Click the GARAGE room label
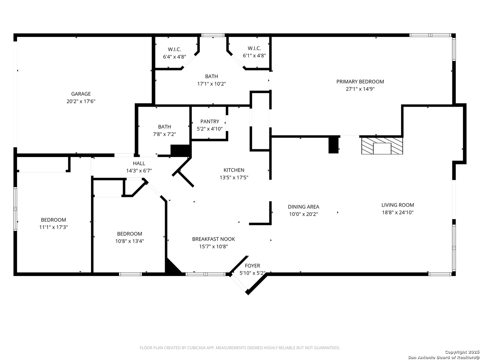tap(81, 94)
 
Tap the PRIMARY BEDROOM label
tap(360, 82)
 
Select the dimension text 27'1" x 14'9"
tap(360, 89)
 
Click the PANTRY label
tap(209, 121)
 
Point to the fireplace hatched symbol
tap(382, 146)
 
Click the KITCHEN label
tap(234, 170)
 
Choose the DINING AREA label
tap(303, 207)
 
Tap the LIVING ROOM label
tap(398, 205)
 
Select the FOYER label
tap(252, 266)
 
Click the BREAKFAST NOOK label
tap(213, 239)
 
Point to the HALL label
tap(139, 163)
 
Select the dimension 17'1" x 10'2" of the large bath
tap(211, 84)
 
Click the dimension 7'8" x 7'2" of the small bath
tap(164, 134)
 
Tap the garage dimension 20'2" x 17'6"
tap(81, 101)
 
